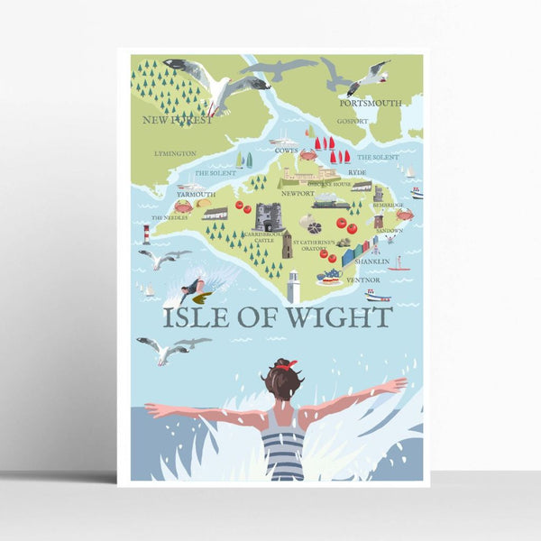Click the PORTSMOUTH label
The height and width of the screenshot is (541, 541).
coord(371,103)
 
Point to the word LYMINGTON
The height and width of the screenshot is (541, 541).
coord(174,154)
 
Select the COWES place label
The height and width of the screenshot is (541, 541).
coord(287,151)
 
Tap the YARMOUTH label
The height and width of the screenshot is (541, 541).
coord(195,193)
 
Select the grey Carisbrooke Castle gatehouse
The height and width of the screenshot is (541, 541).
coord(269,216)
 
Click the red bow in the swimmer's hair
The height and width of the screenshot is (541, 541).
coord(286,364)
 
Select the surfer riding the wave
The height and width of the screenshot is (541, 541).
coord(192,289)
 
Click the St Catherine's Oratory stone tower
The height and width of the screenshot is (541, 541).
coord(288,246)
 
